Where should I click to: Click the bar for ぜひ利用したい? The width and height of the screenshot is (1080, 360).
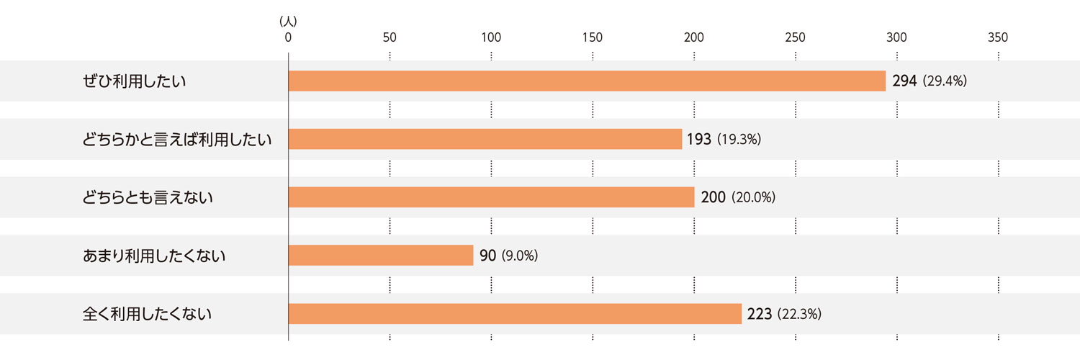pyautogui.click(x=587, y=81)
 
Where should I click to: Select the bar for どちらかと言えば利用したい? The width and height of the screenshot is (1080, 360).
pyautogui.click(x=485, y=139)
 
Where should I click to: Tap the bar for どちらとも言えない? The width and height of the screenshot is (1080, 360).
pyautogui.click(x=491, y=197)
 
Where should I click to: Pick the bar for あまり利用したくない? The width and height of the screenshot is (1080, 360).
pyautogui.click(x=380, y=256)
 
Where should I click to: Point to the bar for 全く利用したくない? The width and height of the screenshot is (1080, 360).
pyautogui.click(x=515, y=314)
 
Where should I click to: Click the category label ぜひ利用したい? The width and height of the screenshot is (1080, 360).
pyautogui.click(x=135, y=81)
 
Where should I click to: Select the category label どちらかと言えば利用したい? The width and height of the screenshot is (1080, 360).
pyautogui.click(x=177, y=139)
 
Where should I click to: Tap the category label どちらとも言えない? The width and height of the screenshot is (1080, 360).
pyautogui.click(x=148, y=197)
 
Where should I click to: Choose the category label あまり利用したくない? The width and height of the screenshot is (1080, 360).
pyautogui.click(x=155, y=256)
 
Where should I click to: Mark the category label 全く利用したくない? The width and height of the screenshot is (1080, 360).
pyautogui.click(x=148, y=314)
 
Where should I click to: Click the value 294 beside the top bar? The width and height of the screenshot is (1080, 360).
pyautogui.click(x=904, y=81)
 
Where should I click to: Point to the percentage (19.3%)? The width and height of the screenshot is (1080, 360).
pyautogui.click(x=739, y=140)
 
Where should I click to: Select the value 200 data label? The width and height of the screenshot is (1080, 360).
pyautogui.click(x=713, y=197)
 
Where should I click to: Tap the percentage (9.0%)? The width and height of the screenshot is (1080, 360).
pyautogui.click(x=519, y=256)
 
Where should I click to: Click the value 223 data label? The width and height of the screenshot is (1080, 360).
pyautogui.click(x=760, y=314)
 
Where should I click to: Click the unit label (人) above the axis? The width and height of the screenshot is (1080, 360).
pyautogui.click(x=288, y=22)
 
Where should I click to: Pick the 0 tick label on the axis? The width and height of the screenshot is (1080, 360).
pyautogui.click(x=288, y=38)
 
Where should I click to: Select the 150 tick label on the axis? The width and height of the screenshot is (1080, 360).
pyautogui.click(x=593, y=38)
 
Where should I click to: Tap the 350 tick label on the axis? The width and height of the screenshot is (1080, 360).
pyautogui.click(x=998, y=38)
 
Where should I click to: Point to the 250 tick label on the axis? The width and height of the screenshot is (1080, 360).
pyautogui.click(x=796, y=38)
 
